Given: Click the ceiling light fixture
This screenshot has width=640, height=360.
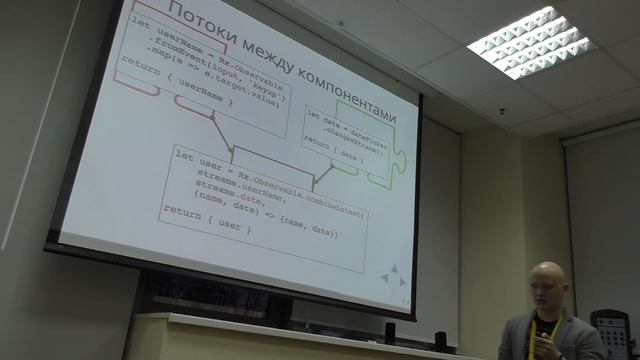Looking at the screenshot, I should coord(531,44).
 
